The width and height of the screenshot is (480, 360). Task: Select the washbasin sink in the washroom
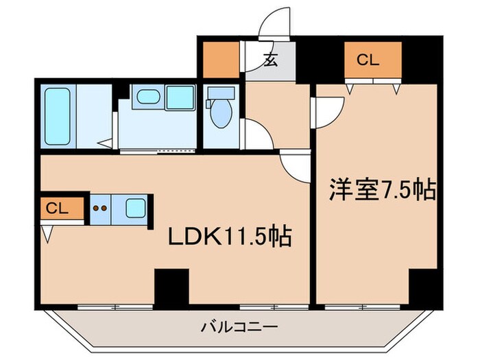[147, 97]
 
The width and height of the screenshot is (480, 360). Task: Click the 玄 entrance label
[271, 60]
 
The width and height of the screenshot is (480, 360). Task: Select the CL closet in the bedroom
[372, 60]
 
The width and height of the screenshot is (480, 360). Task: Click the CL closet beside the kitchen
[58, 208]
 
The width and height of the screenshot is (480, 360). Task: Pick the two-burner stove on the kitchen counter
[101, 208]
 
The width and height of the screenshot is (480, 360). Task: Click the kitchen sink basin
[135, 207]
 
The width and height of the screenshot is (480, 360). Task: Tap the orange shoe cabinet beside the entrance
[221, 60]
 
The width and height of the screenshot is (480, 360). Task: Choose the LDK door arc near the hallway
[296, 165]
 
